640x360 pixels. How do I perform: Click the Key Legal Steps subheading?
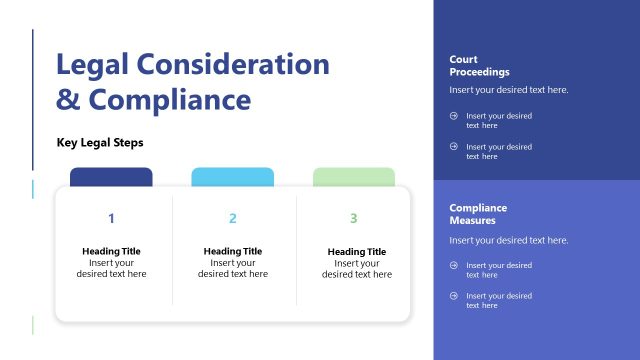tap(100, 143)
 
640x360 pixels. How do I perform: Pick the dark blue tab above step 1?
tap(111, 177)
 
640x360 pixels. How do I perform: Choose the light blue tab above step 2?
tap(232, 177)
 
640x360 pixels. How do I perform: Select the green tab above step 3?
tap(353, 177)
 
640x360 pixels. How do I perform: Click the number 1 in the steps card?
tap(111, 218)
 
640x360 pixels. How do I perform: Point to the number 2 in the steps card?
tap(232, 218)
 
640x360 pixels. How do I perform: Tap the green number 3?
tap(353, 218)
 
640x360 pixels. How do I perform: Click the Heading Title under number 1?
tap(111, 251)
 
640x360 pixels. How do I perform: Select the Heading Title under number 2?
tap(232, 251)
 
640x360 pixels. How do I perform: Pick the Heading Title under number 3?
tap(356, 252)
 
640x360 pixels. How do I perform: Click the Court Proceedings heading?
tap(479, 66)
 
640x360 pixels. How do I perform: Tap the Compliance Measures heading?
tap(478, 214)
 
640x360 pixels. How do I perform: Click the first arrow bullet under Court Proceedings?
tap(454, 116)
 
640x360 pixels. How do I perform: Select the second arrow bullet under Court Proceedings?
tap(454, 147)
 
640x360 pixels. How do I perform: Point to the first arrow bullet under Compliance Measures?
tap(454, 265)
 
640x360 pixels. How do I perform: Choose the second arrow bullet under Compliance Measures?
tap(454, 296)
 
